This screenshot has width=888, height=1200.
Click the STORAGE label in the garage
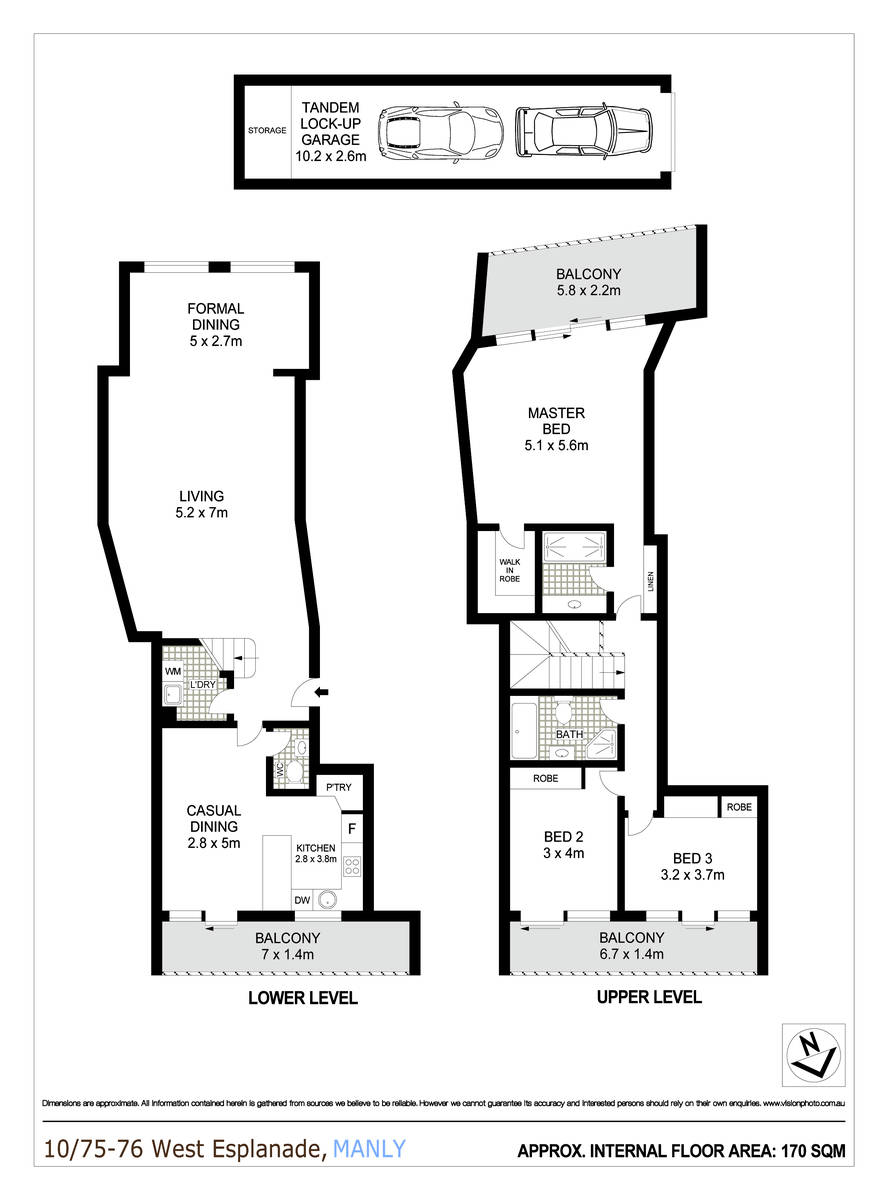pos(268,131)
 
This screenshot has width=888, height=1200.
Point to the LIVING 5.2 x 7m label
pos(202,504)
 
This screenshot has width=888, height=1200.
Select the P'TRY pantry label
pos(337,788)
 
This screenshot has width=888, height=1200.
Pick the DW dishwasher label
pos(302,899)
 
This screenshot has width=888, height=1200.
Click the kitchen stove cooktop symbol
pos(352,867)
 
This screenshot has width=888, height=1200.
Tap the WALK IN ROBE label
pos(510,569)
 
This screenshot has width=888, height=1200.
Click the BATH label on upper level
pos(570,735)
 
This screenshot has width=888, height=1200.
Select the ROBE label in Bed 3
pos(739,806)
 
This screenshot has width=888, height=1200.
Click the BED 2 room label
pos(564,844)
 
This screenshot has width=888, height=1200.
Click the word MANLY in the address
pos(369,1148)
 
